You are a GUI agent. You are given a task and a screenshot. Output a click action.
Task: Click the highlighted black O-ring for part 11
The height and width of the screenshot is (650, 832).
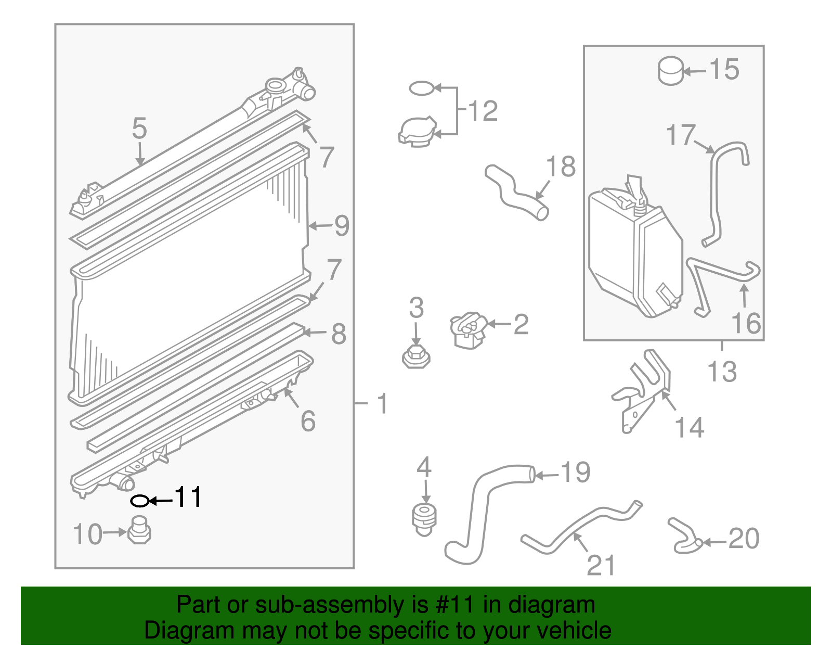pos(139,501)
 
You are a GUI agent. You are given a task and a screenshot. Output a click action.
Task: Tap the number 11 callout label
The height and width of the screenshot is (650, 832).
pos(188,498)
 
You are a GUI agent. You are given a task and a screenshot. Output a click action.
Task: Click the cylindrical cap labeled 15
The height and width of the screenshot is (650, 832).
pos(670,71)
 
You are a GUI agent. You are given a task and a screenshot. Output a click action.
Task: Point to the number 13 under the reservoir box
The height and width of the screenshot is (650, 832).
pos(722,372)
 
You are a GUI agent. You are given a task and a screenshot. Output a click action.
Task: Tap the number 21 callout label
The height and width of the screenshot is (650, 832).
pos(601,565)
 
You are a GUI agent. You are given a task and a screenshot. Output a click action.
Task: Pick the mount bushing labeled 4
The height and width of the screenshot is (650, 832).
pos(424,519)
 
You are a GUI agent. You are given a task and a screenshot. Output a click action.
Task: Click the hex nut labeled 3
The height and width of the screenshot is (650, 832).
pos(416,358)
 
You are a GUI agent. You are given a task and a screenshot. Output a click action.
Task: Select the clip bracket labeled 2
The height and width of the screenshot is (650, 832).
pos(469,330)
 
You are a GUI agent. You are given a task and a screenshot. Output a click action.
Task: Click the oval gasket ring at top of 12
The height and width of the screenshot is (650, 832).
pos(421,88)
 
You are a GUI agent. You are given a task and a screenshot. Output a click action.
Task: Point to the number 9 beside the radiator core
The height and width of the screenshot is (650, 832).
pos(341,226)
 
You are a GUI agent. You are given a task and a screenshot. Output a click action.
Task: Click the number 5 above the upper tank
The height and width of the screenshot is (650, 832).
pos(139,129)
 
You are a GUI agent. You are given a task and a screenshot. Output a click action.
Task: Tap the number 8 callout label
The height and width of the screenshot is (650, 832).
pos(339,334)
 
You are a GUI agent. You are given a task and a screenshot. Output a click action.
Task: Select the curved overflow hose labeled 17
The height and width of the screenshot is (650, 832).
pos(715,198)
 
